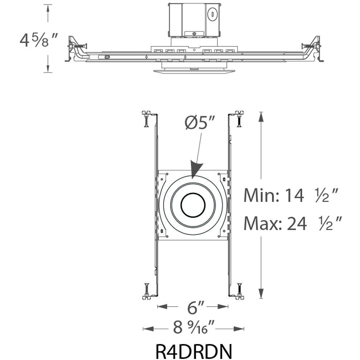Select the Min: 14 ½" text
coord(291,195)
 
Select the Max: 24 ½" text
coord(292,224)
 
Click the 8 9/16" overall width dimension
coord(194,328)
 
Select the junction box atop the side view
coord(193,20)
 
